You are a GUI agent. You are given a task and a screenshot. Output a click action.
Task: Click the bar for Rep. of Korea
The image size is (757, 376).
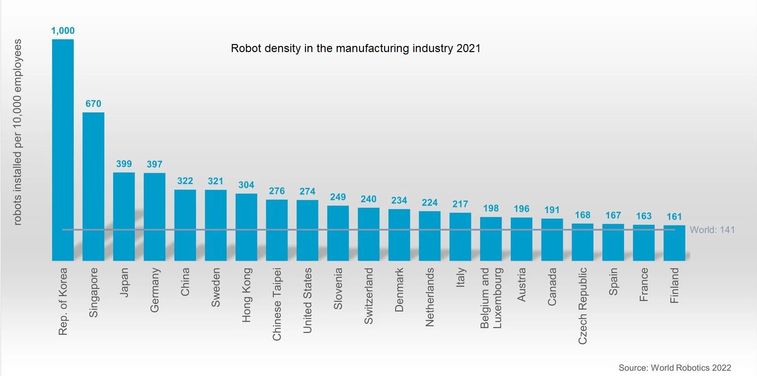[x=62, y=150]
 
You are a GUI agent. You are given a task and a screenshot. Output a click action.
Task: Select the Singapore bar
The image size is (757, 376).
[x=93, y=186]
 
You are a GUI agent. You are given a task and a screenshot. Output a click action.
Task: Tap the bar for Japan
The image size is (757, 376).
[x=124, y=216]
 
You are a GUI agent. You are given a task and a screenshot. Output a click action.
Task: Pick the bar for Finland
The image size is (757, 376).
[x=674, y=243]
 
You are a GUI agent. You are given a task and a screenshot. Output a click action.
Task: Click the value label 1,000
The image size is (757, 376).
[x=63, y=31]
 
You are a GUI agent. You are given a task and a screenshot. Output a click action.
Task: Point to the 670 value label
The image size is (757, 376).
[x=93, y=104]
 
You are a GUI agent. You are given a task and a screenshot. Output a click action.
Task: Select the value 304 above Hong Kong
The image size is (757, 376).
[x=246, y=185]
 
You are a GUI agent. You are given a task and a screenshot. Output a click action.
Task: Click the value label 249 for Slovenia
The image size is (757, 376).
[x=338, y=197]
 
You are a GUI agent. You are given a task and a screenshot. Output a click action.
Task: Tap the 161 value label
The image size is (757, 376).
[x=674, y=217]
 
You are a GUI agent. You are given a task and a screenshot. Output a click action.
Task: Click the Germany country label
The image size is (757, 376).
[x=155, y=290]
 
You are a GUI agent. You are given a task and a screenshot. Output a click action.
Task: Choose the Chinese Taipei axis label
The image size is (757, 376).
[x=277, y=304]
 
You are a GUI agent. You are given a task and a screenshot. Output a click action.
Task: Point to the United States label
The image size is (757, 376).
[x=308, y=300]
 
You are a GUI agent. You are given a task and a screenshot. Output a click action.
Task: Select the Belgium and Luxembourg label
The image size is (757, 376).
[x=491, y=298]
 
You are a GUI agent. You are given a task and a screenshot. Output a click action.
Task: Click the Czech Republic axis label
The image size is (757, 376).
[x=582, y=305]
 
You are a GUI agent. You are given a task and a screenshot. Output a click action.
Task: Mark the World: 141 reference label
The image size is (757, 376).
[x=712, y=230]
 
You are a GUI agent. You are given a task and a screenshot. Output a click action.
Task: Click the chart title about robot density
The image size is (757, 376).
[x=355, y=48]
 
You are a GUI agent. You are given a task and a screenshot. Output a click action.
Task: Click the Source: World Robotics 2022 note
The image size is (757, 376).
[x=675, y=367]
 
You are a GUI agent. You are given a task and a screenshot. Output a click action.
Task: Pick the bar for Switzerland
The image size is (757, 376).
[x=369, y=234]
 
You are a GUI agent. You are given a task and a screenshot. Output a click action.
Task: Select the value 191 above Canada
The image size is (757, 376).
[x=552, y=210]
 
